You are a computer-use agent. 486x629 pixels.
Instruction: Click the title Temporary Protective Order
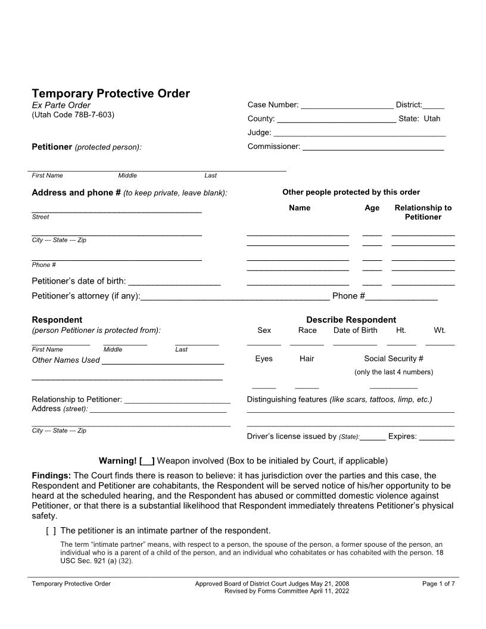(111, 94)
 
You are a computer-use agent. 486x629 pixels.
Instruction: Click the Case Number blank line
(347, 106)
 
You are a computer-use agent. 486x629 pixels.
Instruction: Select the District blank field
(433, 106)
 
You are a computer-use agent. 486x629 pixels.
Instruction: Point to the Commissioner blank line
(373, 147)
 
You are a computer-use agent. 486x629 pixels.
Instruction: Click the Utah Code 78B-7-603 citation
(73, 114)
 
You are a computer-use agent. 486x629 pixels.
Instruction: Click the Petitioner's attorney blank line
(235, 297)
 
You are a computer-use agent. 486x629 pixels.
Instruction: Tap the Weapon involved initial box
(147, 461)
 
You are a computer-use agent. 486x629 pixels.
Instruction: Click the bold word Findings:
(51, 475)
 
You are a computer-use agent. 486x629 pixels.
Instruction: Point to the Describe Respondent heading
(351, 320)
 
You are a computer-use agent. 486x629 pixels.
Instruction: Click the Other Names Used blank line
(163, 361)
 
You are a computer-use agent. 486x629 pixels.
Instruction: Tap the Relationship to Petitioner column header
(423, 213)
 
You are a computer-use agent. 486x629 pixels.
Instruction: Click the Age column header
(372, 208)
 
